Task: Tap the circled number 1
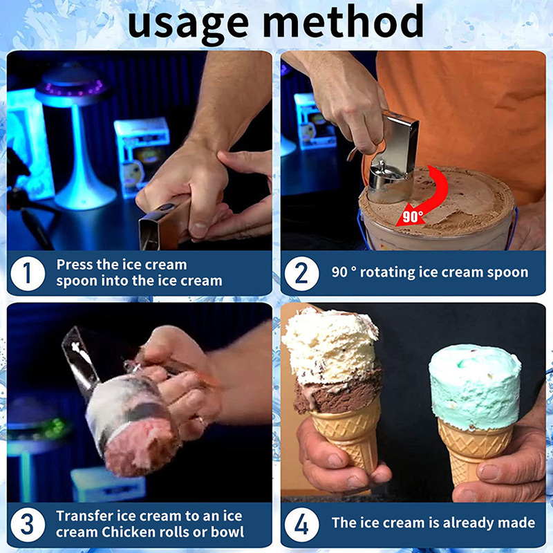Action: [x=28, y=274]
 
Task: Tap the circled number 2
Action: [x=301, y=274]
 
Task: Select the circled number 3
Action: [x=28, y=525]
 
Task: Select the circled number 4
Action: [x=301, y=525]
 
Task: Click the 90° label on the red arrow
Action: [x=413, y=217]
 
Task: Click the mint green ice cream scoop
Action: [x=475, y=387]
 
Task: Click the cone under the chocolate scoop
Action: [x=347, y=438]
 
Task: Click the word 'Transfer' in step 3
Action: [x=84, y=516]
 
